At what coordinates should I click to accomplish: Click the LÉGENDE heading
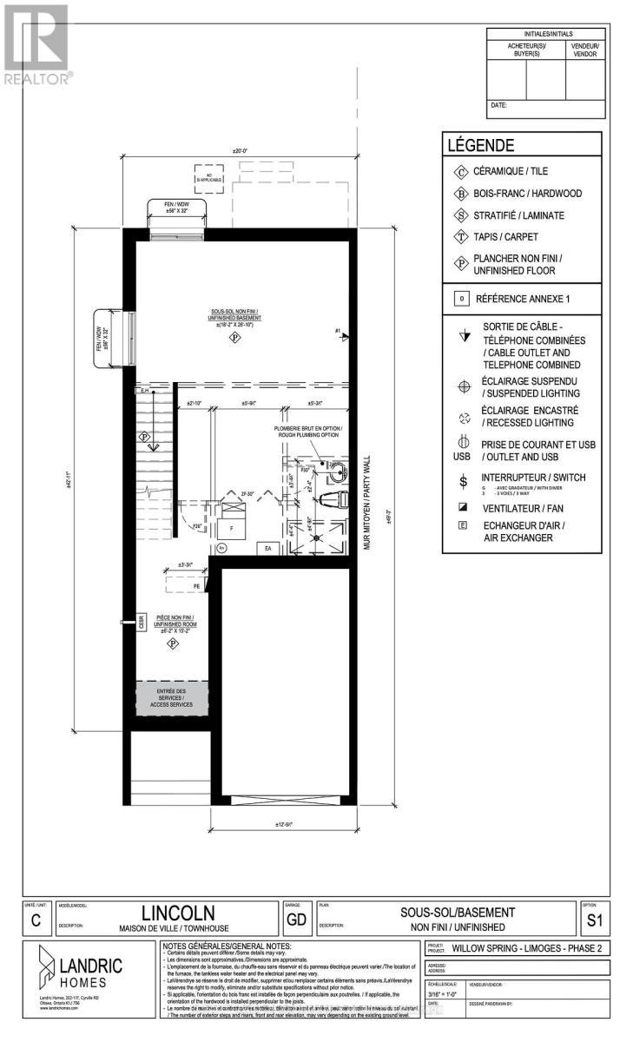tap(480, 145)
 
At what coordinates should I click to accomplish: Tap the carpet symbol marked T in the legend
tap(458, 237)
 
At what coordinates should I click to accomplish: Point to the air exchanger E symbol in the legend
tap(462, 526)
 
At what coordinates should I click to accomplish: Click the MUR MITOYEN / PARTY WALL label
tap(366, 503)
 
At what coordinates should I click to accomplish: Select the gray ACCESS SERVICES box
tap(174, 698)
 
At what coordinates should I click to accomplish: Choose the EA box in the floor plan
tap(268, 548)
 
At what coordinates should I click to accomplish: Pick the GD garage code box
tap(293, 918)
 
